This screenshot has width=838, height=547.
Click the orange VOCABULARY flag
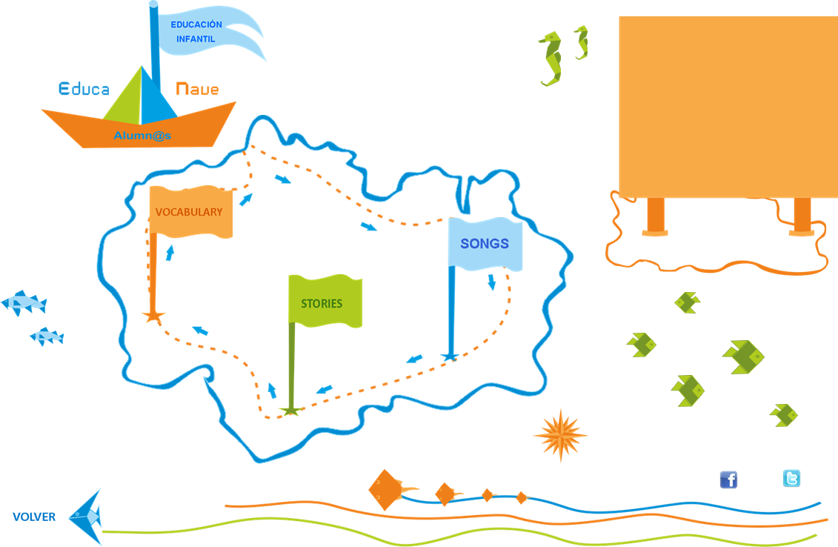(190, 212)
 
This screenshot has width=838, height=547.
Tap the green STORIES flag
(324, 302)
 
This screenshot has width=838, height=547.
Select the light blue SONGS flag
(485, 244)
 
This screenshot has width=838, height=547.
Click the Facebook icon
(728, 480)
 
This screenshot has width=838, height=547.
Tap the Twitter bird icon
(791, 479)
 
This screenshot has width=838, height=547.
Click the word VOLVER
(34, 517)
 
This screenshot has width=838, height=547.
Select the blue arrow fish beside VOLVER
(86, 516)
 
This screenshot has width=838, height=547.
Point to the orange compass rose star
(560, 435)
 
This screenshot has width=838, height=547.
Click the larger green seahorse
(551, 59)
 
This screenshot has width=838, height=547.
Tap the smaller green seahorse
(582, 42)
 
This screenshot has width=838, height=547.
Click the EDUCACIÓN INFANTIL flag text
(196, 31)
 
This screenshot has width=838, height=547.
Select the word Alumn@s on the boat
(142, 136)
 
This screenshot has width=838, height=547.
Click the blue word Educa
(84, 90)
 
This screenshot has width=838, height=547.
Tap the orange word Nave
(197, 90)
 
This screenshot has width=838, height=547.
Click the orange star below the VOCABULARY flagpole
(153, 316)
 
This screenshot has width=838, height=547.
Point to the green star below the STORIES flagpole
(291, 410)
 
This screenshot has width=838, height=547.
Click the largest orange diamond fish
(387, 489)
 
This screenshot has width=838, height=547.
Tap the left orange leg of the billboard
(656, 216)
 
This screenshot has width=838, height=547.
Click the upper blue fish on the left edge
(24, 302)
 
